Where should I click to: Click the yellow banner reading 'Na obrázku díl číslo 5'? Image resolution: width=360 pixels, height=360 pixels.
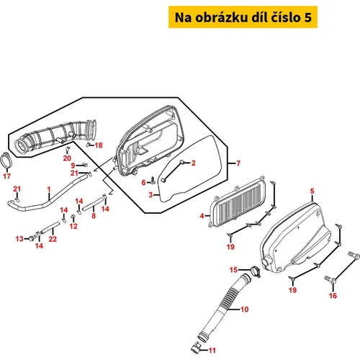tap(243, 17)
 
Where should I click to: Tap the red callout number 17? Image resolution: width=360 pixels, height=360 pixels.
tap(7, 176)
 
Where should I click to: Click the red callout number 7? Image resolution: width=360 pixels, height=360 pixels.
tap(238, 163)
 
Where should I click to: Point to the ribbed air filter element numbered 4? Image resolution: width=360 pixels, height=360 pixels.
tap(238, 203)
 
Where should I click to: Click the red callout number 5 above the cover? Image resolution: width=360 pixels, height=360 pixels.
tap(312, 192)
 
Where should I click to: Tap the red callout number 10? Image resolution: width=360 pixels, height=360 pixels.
tap(244, 310)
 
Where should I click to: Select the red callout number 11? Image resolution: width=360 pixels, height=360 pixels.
tap(212, 351)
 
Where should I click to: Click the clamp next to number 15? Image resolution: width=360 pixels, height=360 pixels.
tap(256, 271)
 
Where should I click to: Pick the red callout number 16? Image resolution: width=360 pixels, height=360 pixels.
tap(333, 295)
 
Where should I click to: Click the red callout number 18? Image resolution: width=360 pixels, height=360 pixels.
tap(99, 145)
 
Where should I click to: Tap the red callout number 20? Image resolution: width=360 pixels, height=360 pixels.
tap(67, 158)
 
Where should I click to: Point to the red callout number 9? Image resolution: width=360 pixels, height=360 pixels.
tap(73, 166)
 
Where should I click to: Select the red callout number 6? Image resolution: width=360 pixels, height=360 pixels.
tap(143, 183)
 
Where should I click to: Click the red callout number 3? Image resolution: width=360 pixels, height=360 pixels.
tap(150, 194)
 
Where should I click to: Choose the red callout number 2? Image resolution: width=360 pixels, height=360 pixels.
tap(193, 163)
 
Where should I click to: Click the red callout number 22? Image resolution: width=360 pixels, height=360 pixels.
tap(53, 239)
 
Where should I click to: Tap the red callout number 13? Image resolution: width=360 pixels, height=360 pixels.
tap(19, 239)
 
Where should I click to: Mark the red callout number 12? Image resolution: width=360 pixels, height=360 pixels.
tap(73, 226)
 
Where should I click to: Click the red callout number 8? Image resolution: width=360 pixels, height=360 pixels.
tap(94, 216)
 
